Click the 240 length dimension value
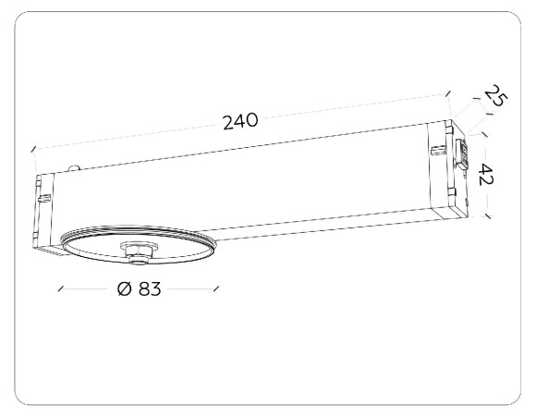(x=239, y=120)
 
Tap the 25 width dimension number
(x=494, y=97)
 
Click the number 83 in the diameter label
(x=150, y=288)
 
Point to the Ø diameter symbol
(x=123, y=288)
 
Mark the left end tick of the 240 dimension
(x=33, y=147)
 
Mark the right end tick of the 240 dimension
(x=447, y=93)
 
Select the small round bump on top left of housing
(x=75, y=167)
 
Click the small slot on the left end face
(x=42, y=196)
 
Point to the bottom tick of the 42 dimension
(x=486, y=216)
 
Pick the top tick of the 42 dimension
(x=486, y=131)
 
